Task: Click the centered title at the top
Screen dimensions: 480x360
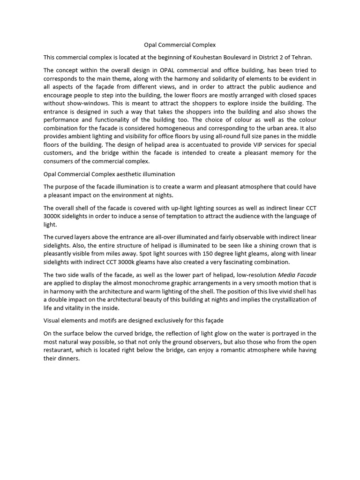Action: [x=180, y=45]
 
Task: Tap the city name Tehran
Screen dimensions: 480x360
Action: [x=300, y=57]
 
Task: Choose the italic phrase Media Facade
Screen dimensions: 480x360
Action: [x=296, y=274]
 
